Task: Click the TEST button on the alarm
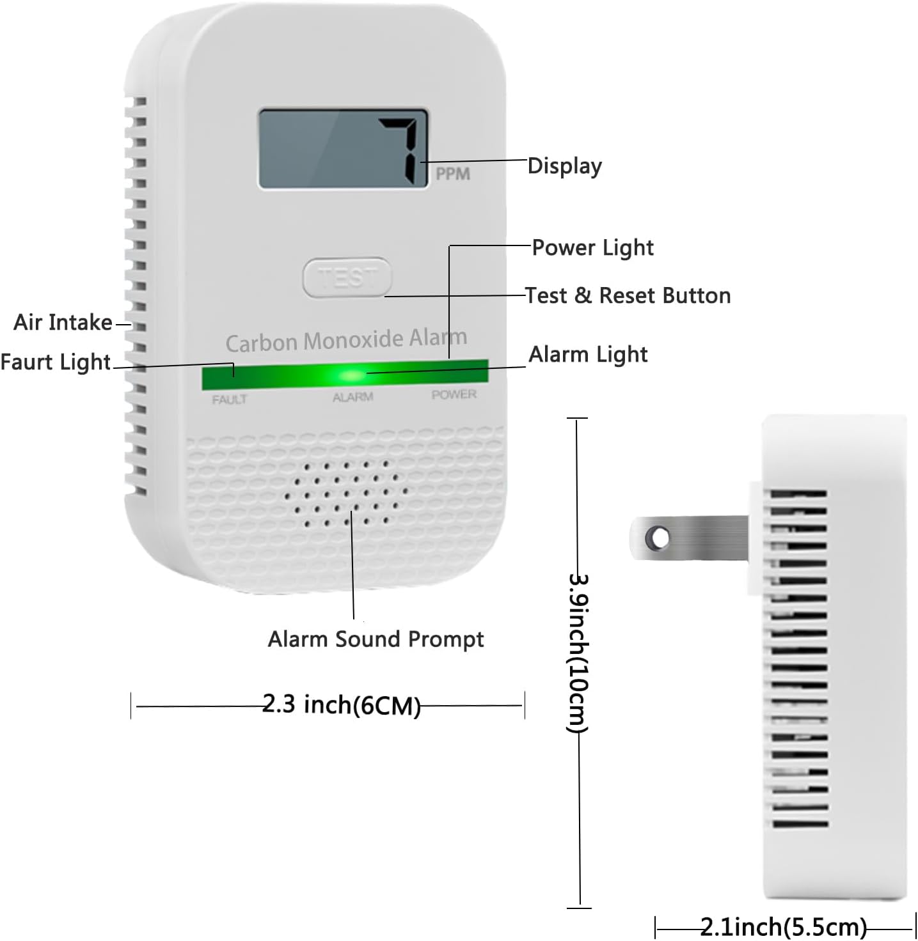click(x=347, y=277)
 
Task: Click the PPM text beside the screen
click(x=453, y=173)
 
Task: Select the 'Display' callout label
click(x=564, y=166)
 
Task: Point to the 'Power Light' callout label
click(x=592, y=248)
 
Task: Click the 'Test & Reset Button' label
click(x=628, y=295)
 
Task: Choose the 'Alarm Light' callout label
click(x=588, y=354)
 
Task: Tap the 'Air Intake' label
click(x=63, y=322)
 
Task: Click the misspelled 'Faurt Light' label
click(x=56, y=362)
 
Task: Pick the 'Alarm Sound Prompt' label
click(x=376, y=639)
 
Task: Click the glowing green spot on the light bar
click(x=349, y=375)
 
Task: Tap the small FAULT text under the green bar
click(x=229, y=400)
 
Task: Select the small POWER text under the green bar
click(x=454, y=394)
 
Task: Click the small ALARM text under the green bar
click(x=352, y=397)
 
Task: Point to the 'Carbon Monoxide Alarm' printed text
click(x=346, y=340)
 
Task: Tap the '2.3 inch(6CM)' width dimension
click(x=342, y=704)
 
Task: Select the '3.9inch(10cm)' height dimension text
click(x=578, y=652)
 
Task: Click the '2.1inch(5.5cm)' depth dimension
click(x=784, y=926)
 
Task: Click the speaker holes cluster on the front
click(x=346, y=494)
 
